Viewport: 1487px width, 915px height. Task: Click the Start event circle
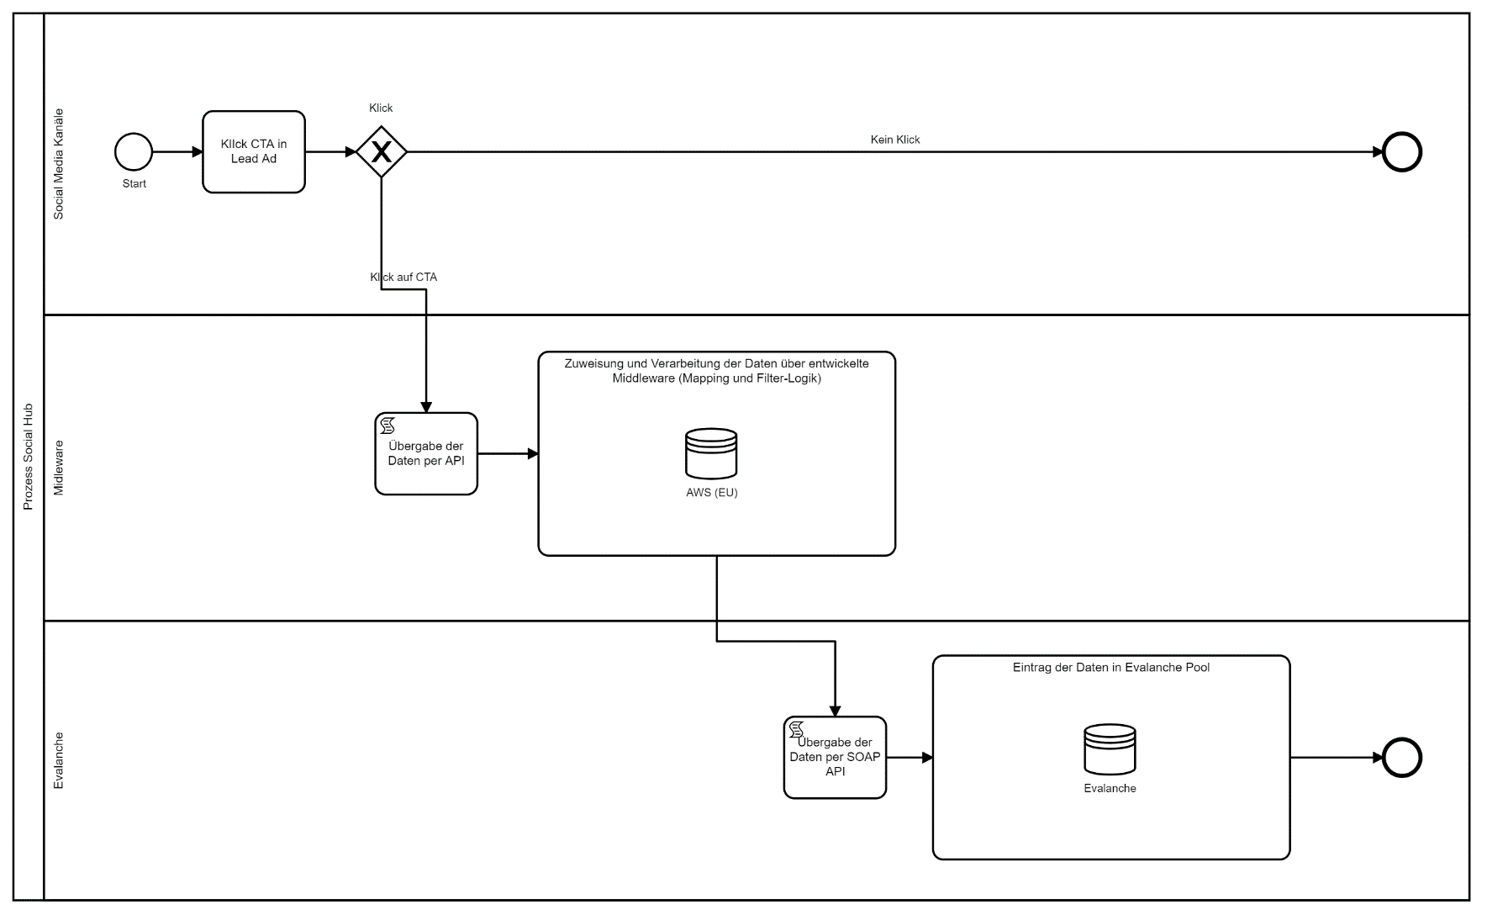click(134, 152)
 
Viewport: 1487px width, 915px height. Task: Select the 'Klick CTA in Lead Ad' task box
click(254, 152)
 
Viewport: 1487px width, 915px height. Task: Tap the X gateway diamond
click(382, 152)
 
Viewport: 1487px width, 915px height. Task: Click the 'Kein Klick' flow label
click(895, 140)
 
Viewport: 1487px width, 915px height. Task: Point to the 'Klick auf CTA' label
click(403, 277)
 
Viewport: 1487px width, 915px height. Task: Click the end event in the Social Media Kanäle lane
click(1402, 152)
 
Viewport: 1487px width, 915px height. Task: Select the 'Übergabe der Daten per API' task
click(426, 454)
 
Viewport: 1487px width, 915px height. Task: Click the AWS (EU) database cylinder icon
click(711, 453)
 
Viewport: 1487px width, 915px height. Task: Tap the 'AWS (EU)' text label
click(711, 493)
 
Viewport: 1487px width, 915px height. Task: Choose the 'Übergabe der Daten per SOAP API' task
click(835, 757)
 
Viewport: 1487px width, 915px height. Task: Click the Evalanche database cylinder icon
click(1110, 748)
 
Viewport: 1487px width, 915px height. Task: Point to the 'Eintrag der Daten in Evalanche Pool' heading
click(1110, 668)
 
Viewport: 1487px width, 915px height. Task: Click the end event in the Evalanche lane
click(1402, 757)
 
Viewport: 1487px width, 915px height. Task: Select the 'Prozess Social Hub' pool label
click(28, 457)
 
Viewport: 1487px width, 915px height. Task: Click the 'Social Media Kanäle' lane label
click(59, 164)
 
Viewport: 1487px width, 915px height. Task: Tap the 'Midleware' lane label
click(59, 468)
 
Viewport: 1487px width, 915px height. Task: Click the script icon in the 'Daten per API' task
click(388, 426)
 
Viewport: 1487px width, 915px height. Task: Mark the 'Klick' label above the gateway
click(381, 108)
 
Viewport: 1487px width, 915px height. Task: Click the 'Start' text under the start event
click(134, 183)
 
